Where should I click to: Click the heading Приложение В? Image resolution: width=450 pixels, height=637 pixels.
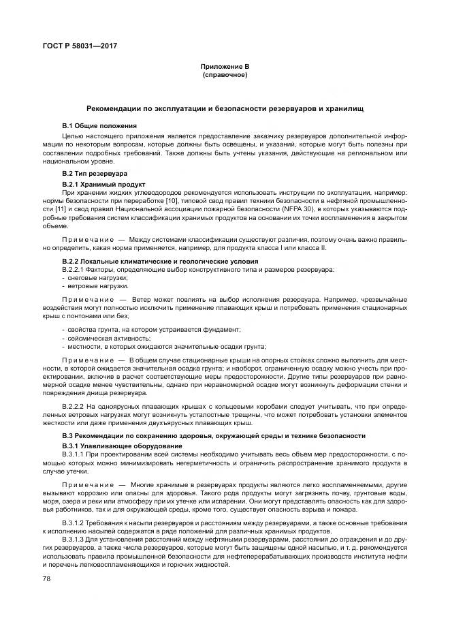click(x=225, y=67)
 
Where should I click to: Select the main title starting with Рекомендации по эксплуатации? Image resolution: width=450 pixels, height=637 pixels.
click(x=225, y=109)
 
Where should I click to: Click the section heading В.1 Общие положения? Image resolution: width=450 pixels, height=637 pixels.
click(x=99, y=127)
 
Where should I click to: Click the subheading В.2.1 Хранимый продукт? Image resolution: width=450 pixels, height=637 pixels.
click(x=103, y=185)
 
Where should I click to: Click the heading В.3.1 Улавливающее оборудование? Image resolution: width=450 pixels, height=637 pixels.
click(x=112, y=446)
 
